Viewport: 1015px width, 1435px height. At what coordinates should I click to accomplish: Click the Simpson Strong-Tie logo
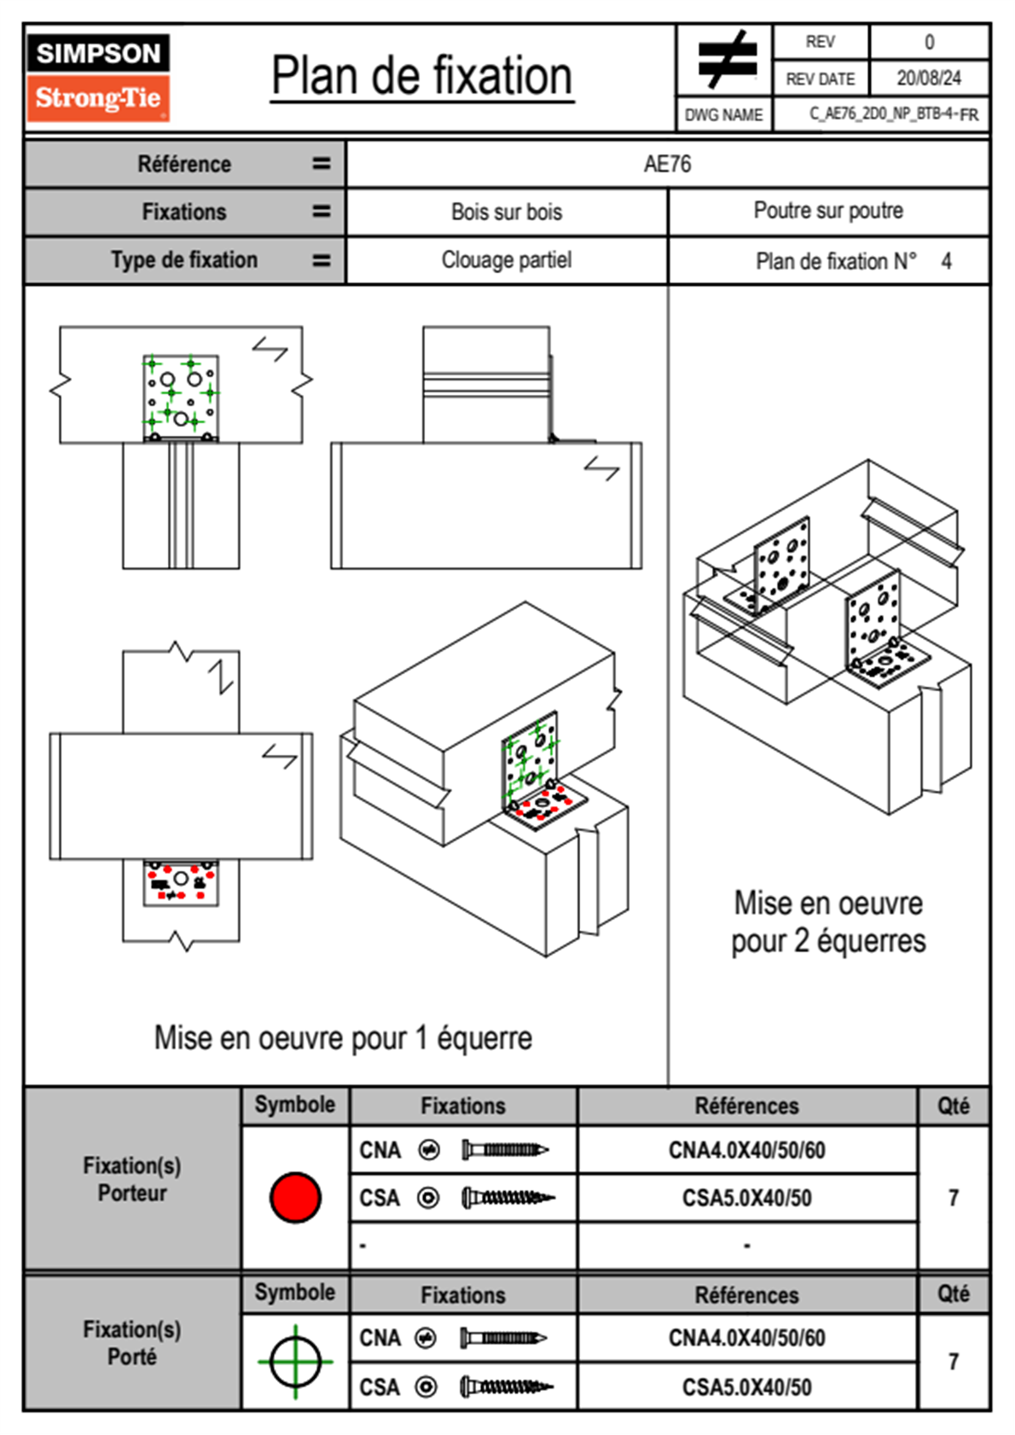click(98, 77)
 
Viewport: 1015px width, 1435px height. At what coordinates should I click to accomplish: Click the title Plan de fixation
click(421, 77)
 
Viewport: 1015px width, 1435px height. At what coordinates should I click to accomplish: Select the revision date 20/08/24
click(928, 78)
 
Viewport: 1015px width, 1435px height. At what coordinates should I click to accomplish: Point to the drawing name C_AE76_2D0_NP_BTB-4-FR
click(893, 114)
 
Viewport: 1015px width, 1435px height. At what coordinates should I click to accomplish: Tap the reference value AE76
click(667, 164)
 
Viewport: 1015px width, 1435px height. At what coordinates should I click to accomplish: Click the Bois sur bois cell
click(507, 212)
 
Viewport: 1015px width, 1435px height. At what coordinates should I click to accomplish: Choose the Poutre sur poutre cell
click(827, 211)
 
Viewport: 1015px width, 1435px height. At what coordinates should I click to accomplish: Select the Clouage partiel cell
click(507, 260)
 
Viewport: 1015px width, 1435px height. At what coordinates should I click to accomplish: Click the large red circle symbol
click(295, 1197)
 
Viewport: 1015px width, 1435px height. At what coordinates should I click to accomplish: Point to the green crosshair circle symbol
click(295, 1362)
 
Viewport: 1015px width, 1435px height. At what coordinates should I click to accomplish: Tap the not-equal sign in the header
click(726, 60)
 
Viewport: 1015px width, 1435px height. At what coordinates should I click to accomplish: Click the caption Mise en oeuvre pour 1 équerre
click(343, 1038)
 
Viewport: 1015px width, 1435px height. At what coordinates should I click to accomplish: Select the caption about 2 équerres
click(827, 922)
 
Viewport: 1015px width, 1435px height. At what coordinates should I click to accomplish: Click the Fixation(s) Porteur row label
click(132, 1179)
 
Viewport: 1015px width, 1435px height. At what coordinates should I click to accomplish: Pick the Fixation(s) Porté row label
click(132, 1343)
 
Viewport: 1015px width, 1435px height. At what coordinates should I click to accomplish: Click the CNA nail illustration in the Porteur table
click(504, 1150)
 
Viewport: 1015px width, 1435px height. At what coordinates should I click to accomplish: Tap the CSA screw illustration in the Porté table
click(506, 1387)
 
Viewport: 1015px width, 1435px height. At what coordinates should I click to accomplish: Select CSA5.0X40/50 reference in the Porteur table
click(746, 1198)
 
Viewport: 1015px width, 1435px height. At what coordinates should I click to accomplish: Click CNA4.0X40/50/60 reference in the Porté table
click(746, 1338)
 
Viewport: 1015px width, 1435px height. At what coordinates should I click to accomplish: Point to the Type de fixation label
click(183, 260)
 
